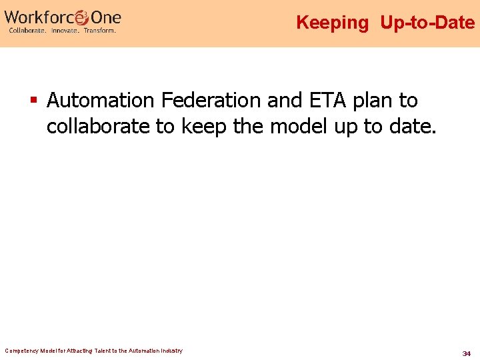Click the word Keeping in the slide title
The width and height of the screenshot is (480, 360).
[x=332, y=23]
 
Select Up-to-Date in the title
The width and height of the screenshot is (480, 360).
[x=427, y=23]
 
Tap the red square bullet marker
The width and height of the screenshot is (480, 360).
[x=33, y=101]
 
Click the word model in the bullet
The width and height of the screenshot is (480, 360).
[x=296, y=126]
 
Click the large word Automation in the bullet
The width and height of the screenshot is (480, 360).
[x=101, y=101]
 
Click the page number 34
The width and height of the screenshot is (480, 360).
[x=467, y=353]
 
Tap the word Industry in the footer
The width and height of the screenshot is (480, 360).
[x=170, y=351]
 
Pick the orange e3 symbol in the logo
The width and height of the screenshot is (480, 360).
[x=81, y=17]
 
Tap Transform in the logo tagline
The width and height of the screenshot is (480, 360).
[x=99, y=31]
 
